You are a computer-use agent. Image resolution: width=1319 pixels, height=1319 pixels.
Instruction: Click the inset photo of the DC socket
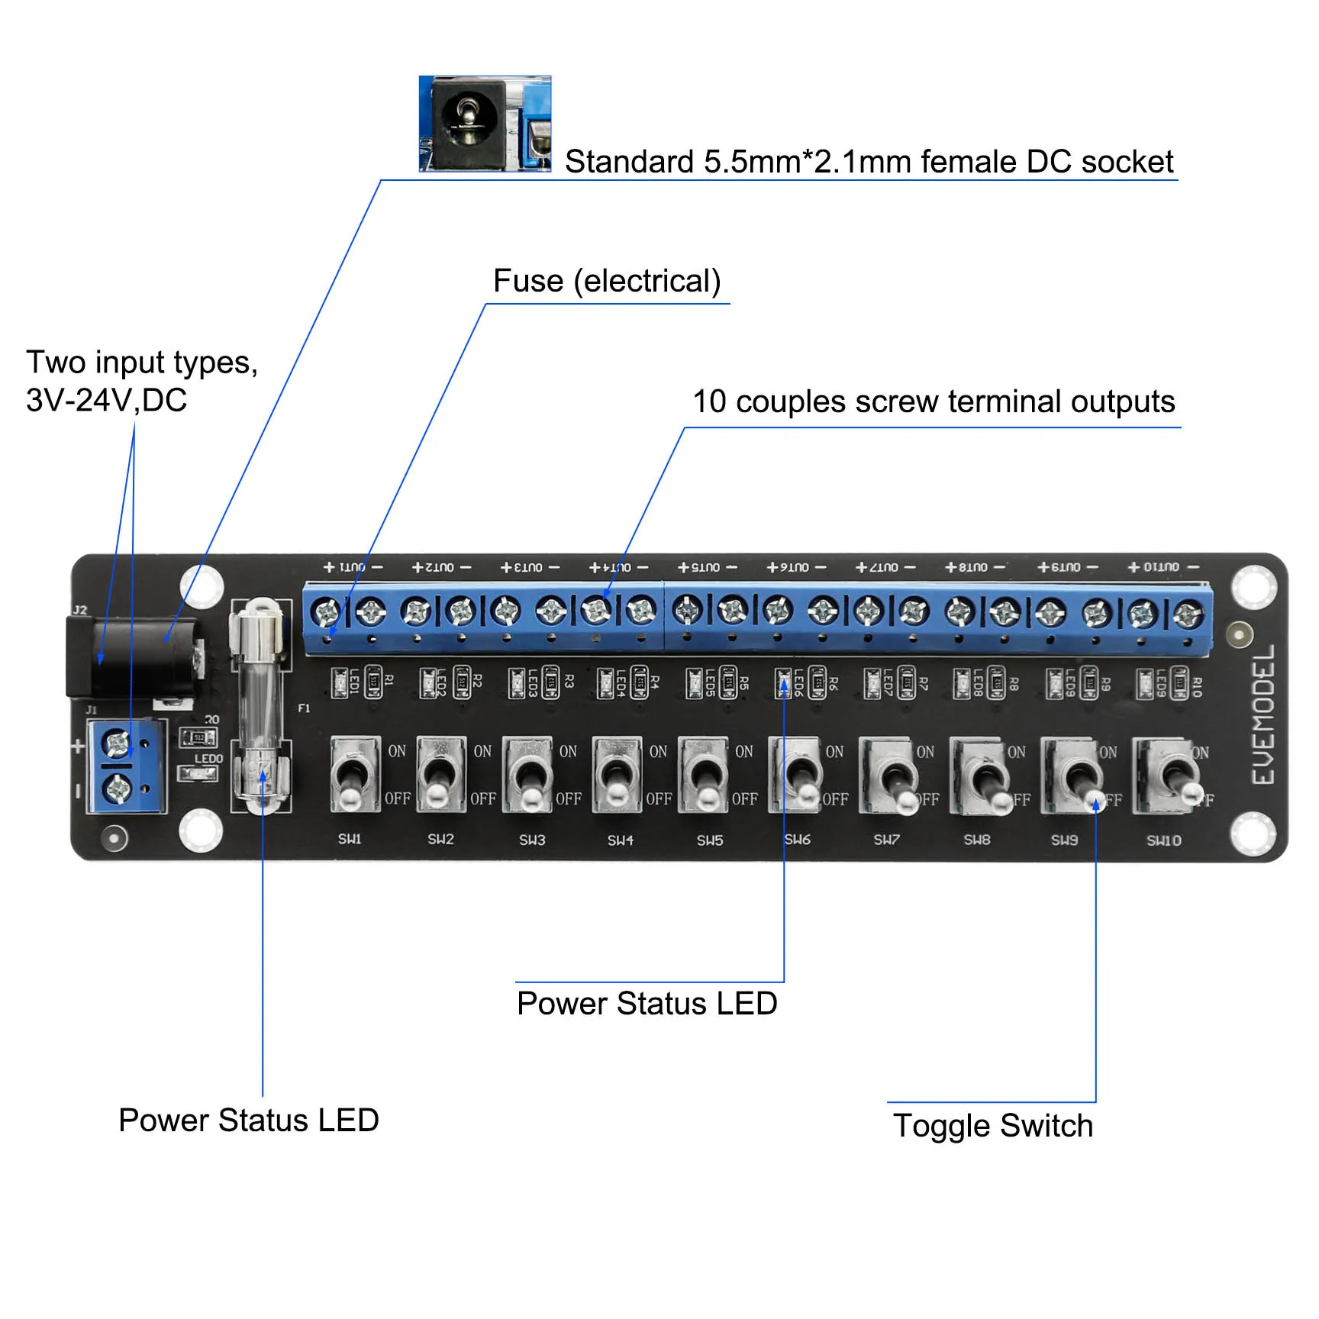(485, 124)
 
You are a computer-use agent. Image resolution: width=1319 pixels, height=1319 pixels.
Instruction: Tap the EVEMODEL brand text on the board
(1263, 714)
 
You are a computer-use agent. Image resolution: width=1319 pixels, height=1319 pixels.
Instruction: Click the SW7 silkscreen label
(886, 840)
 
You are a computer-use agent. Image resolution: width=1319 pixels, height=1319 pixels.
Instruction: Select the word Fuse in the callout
(527, 281)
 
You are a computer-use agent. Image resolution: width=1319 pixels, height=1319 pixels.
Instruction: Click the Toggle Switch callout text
(993, 1126)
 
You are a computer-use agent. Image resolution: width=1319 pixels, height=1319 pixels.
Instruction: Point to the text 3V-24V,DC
(106, 400)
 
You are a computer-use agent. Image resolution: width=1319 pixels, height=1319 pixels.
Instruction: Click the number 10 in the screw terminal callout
(709, 402)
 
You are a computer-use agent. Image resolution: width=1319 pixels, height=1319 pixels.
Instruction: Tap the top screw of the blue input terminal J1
(118, 743)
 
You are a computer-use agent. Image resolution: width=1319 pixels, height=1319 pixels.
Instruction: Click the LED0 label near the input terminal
(208, 759)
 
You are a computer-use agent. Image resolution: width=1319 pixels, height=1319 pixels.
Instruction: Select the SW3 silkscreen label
(532, 840)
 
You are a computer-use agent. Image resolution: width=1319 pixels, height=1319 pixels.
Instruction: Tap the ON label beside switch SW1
(397, 751)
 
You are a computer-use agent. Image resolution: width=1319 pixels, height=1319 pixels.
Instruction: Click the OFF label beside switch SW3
(569, 799)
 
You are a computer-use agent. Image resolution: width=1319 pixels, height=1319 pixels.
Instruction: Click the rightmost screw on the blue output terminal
(1187, 613)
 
